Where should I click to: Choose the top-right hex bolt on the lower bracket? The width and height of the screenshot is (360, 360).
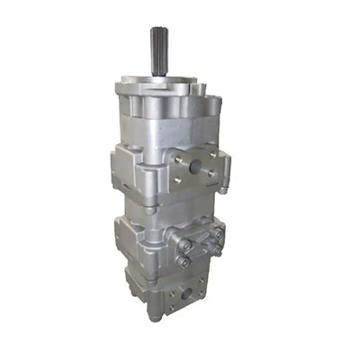tap(217, 231)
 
